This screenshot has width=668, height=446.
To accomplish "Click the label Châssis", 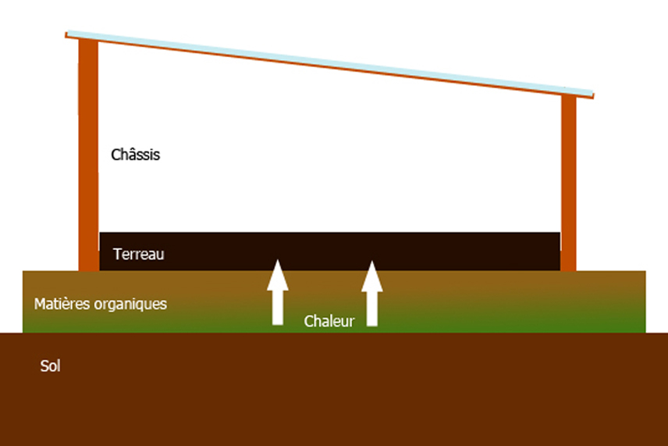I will point(135,155).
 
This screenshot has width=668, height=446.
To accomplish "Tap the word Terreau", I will point(138,255).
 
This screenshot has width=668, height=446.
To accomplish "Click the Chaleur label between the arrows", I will point(329,321).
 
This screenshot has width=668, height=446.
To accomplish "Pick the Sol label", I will point(50,366).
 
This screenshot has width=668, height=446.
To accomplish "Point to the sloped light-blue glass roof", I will point(328,62).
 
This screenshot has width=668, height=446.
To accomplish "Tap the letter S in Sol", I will point(44,366).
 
